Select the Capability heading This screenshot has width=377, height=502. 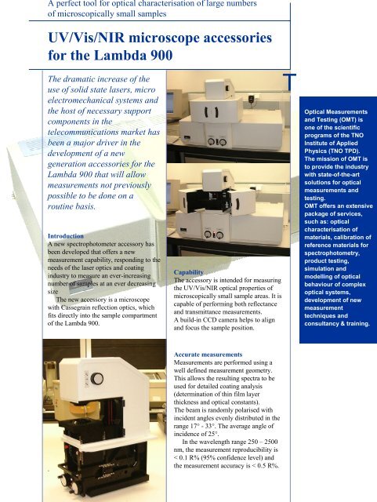193,269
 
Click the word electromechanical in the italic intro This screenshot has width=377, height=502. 100,109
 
